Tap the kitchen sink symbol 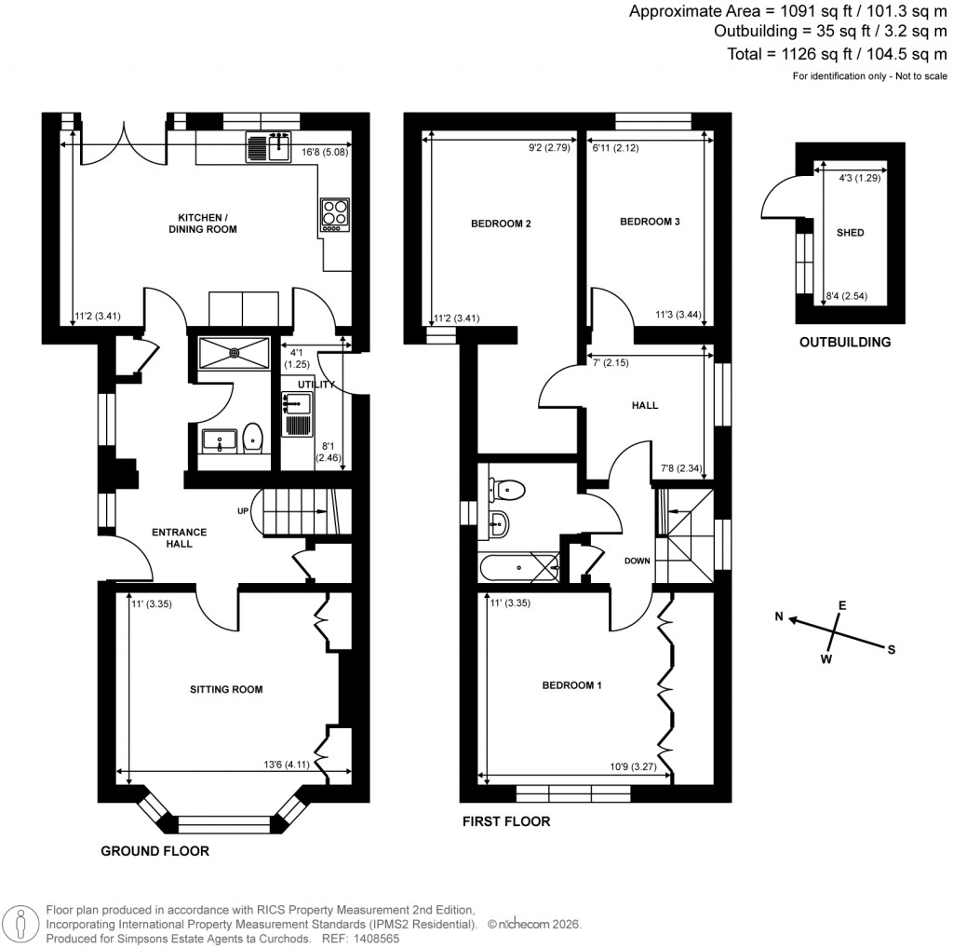(x=268, y=147)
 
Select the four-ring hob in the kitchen (x=334, y=214)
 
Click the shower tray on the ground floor (x=235, y=352)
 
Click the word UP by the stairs (x=244, y=511)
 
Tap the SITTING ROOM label (x=226, y=690)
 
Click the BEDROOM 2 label (x=501, y=223)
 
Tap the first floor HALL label (x=644, y=406)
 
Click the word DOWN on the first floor (x=637, y=561)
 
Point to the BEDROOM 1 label (x=572, y=686)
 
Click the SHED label (x=850, y=233)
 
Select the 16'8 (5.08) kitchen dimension (x=325, y=152)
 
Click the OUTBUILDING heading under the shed (x=845, y=342)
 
